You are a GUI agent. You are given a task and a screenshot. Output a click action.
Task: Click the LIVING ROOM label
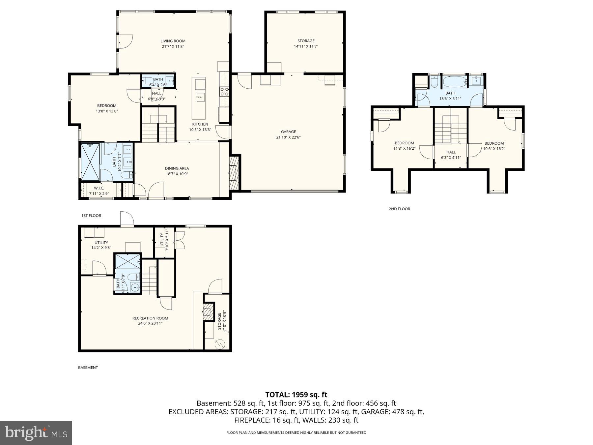pos(173,41)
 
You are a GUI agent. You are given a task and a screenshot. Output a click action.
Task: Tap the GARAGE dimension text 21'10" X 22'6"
pos(288,137)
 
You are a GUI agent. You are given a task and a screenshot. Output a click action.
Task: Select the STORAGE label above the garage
pos(306,41)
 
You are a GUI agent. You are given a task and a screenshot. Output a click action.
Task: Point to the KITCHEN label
pos(200,124)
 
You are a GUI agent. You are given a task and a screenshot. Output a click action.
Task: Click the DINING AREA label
pos(177,168)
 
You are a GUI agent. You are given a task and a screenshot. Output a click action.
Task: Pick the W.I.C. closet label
pos(99,188)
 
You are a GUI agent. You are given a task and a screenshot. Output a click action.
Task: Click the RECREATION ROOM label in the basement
pos(150,318)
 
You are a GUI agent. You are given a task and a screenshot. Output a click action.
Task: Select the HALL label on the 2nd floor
pos(451,152)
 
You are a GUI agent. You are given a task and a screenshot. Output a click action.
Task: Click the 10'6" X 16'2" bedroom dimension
pos(494,149)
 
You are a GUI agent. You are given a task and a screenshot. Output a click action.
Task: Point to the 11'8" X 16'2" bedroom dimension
pos(404,148)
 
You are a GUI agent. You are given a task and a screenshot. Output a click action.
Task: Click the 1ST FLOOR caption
pos(91,216)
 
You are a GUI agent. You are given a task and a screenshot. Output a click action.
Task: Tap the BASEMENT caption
pos(88,368)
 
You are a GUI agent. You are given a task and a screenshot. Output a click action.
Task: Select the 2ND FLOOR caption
pos(399,209)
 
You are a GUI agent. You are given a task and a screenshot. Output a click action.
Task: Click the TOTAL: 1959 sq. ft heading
pos(296,395)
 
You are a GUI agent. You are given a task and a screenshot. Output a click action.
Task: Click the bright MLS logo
pos(36,433)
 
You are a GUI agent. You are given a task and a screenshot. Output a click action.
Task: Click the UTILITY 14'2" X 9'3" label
pos(101,245)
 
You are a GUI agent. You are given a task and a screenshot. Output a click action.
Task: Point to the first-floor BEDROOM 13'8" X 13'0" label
pos(107,108)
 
